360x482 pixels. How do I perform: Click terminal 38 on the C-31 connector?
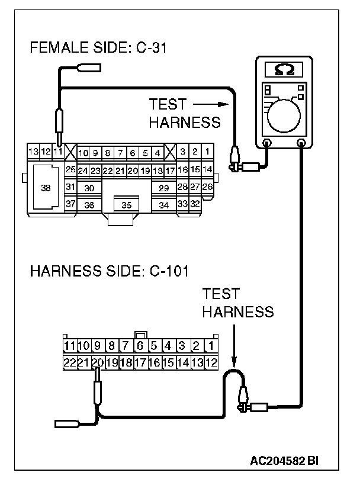pyautogui.click(x=46, y=188)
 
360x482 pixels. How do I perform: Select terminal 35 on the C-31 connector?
pyautogui.click(x=126, y=205)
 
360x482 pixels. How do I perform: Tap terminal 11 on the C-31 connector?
pyautogui.click(x=58, y=152)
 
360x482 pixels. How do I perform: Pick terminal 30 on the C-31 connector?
pyautogui.click(x=89, y=188)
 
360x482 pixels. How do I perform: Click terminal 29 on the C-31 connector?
pyautogui.click(x=164, y=188)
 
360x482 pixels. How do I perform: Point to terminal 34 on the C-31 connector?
pyautogui.click(x=164, y=205)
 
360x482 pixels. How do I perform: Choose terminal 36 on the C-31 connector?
pyautogui.click(x=89, y=205)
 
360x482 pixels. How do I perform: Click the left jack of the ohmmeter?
pyautogui.click(x=267, y=143)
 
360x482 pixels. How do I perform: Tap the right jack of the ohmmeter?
pyautogui.click(x=301, y=143)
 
